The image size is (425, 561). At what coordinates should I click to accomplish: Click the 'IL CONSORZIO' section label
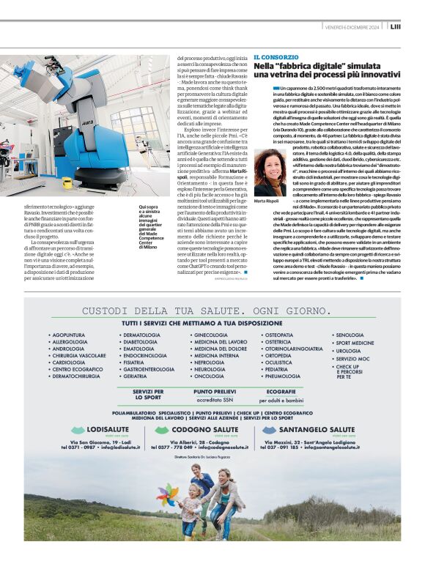click(x=276, y=56)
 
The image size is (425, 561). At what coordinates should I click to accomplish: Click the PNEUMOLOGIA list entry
click(x=283, y=376)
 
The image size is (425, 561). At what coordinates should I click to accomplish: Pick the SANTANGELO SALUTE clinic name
click(x=318, y=428)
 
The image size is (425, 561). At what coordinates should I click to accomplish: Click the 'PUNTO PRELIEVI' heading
click(x=214, y=392)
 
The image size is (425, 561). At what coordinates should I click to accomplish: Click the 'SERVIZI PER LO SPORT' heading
click(x=148, y=395)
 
